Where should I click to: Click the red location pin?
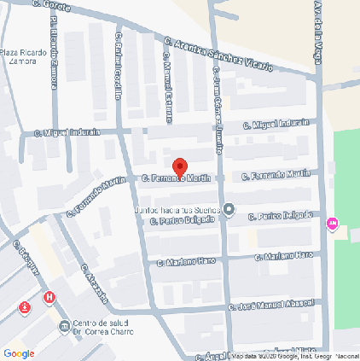point(179,166)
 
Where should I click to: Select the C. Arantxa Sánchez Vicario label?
point(219,52)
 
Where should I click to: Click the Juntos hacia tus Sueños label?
point(177,210)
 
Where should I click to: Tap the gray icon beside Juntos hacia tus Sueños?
point(230,210)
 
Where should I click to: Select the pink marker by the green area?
point(332,224)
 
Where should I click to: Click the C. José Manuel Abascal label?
point(271,305)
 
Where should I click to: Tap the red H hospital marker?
point(50,299)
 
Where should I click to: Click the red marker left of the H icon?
point(26,306)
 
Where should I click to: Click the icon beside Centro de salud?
point(65,327)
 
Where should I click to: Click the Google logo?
point(19,352)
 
